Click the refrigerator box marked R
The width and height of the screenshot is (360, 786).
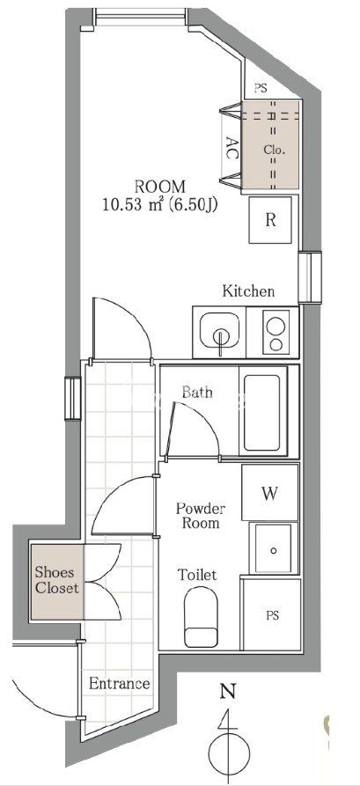click(x=270, y=220)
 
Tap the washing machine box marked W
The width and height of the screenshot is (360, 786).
click(x=269, y=493)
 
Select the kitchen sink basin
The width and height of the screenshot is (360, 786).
click(x=220, y=330)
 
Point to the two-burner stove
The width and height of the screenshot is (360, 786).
click(x=276, y=332)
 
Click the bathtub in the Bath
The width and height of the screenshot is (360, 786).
click(x=261, y=412)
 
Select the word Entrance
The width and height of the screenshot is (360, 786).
click(x=120, y=684)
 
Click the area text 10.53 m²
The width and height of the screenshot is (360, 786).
click(x=133, y=205)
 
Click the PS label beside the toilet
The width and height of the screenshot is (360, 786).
click(x=272, y=616)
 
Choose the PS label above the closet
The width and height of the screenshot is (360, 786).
click(x=261, y=89)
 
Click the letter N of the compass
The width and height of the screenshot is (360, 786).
click(x=228, y=693)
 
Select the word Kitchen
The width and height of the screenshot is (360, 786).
click(x=249, y=290)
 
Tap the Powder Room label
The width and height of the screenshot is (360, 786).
click(x=200, y=516)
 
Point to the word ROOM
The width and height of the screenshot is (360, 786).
click(x=160, y=187)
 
